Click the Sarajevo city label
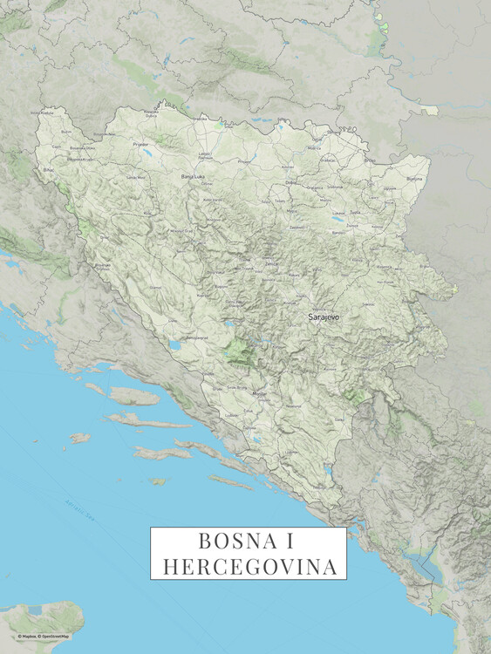tap(324, 318)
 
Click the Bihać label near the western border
tap(48, 170)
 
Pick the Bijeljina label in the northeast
tap(413, 179)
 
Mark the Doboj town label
tap(291, 182)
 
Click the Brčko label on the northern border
tap(369, 160)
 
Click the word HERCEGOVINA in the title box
tap(249, 566)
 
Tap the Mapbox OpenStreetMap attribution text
tap(44, 637)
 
